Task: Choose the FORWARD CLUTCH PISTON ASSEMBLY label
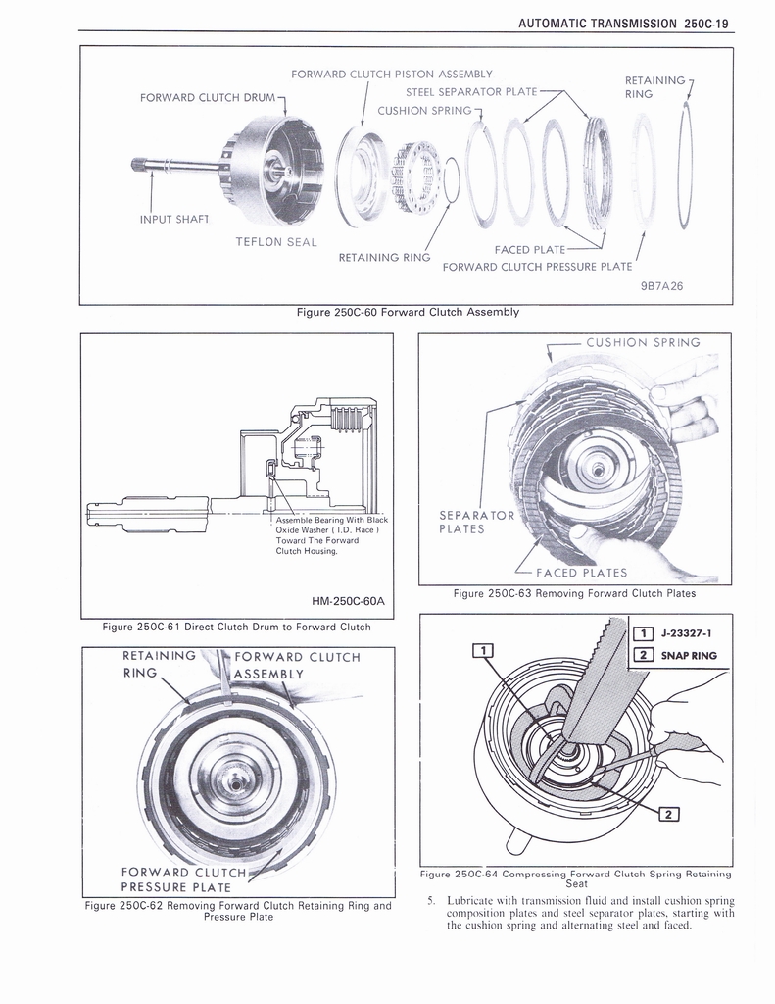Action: point(391,74)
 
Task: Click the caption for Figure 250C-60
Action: point(407,312)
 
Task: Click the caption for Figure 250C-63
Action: point(574,593)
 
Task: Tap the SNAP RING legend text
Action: point(689,656)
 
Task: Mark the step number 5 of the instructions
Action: point(430,900)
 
